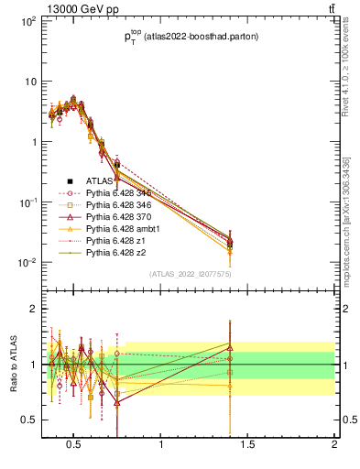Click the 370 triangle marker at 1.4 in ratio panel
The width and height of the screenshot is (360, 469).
tap(230, 348)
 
